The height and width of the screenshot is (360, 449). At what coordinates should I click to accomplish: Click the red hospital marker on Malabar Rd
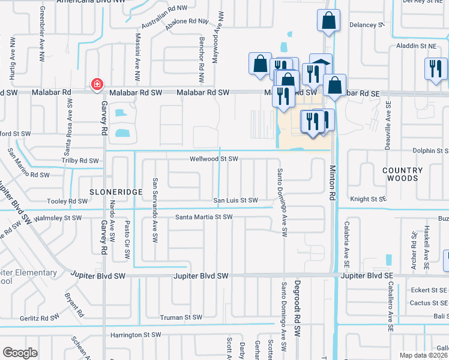coord(95,85)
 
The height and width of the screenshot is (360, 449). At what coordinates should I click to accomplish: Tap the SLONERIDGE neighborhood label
coord(116,191)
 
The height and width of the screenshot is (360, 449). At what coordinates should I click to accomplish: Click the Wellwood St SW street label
coord(214,159)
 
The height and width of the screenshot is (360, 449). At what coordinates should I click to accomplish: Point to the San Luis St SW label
coord(237,200)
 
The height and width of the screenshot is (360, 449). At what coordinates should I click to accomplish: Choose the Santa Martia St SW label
coord(203,217)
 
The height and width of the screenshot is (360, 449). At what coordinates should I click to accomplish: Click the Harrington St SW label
coord(136,335)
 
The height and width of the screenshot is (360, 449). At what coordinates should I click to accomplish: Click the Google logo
coord(20,353)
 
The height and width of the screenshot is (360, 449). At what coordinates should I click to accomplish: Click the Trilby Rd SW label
coord(80,161)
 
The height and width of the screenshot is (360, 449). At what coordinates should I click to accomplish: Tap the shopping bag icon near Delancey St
coord(329,20)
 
